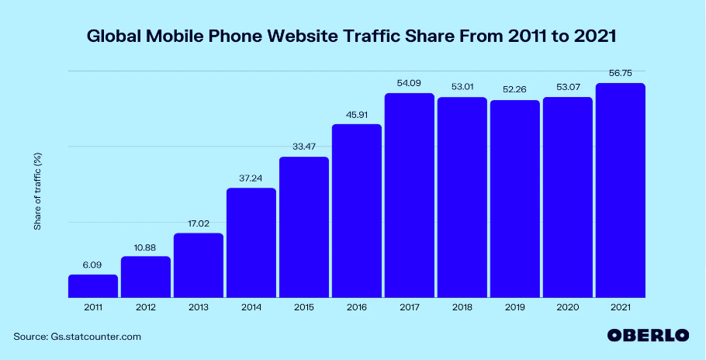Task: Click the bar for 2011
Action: pos(93,286)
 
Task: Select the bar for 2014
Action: pos(251,242)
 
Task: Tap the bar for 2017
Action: pos(410,195)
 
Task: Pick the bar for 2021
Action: pos(621,190)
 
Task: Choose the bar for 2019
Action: pos(515,199)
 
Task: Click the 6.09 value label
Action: pos(93,264)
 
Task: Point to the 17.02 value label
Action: pos(199,223)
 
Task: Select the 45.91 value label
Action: pos(357,113)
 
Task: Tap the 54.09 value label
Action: pos(410,82)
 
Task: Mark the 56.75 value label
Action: pos(621,72)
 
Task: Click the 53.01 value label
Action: pos(462,86)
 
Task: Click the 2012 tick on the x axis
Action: pos(146,308)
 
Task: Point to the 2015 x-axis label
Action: pos(304,308)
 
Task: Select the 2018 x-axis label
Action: pos(462,308)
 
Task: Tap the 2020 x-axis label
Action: pos(568,308)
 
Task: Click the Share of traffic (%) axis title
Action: pos(37,191)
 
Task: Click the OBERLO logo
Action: pos(648,335)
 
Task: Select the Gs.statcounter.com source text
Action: pos(96,336)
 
